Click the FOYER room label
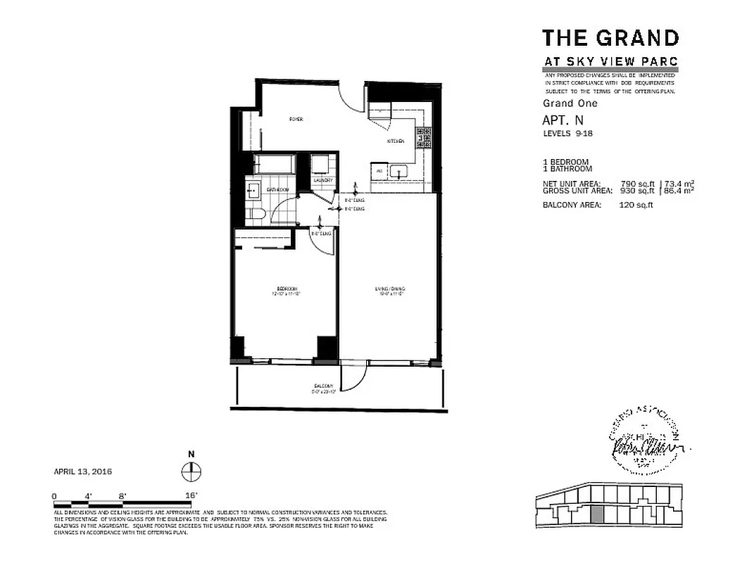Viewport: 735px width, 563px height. coord(296,120)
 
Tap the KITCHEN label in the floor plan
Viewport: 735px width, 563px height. coord(395,141)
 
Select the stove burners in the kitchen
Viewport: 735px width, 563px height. coord(424,137)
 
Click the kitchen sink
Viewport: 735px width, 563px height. coord(398,170)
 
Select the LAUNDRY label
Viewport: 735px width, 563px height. coord(322,180)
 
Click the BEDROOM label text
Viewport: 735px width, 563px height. coord(287,289)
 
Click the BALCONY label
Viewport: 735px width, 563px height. coord(323,386)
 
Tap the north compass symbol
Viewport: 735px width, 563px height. coord(189,471)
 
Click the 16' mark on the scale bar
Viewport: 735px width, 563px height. coord(191,495)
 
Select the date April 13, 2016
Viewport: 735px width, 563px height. coord(83,472)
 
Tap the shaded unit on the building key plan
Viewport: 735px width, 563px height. coord(597,514)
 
